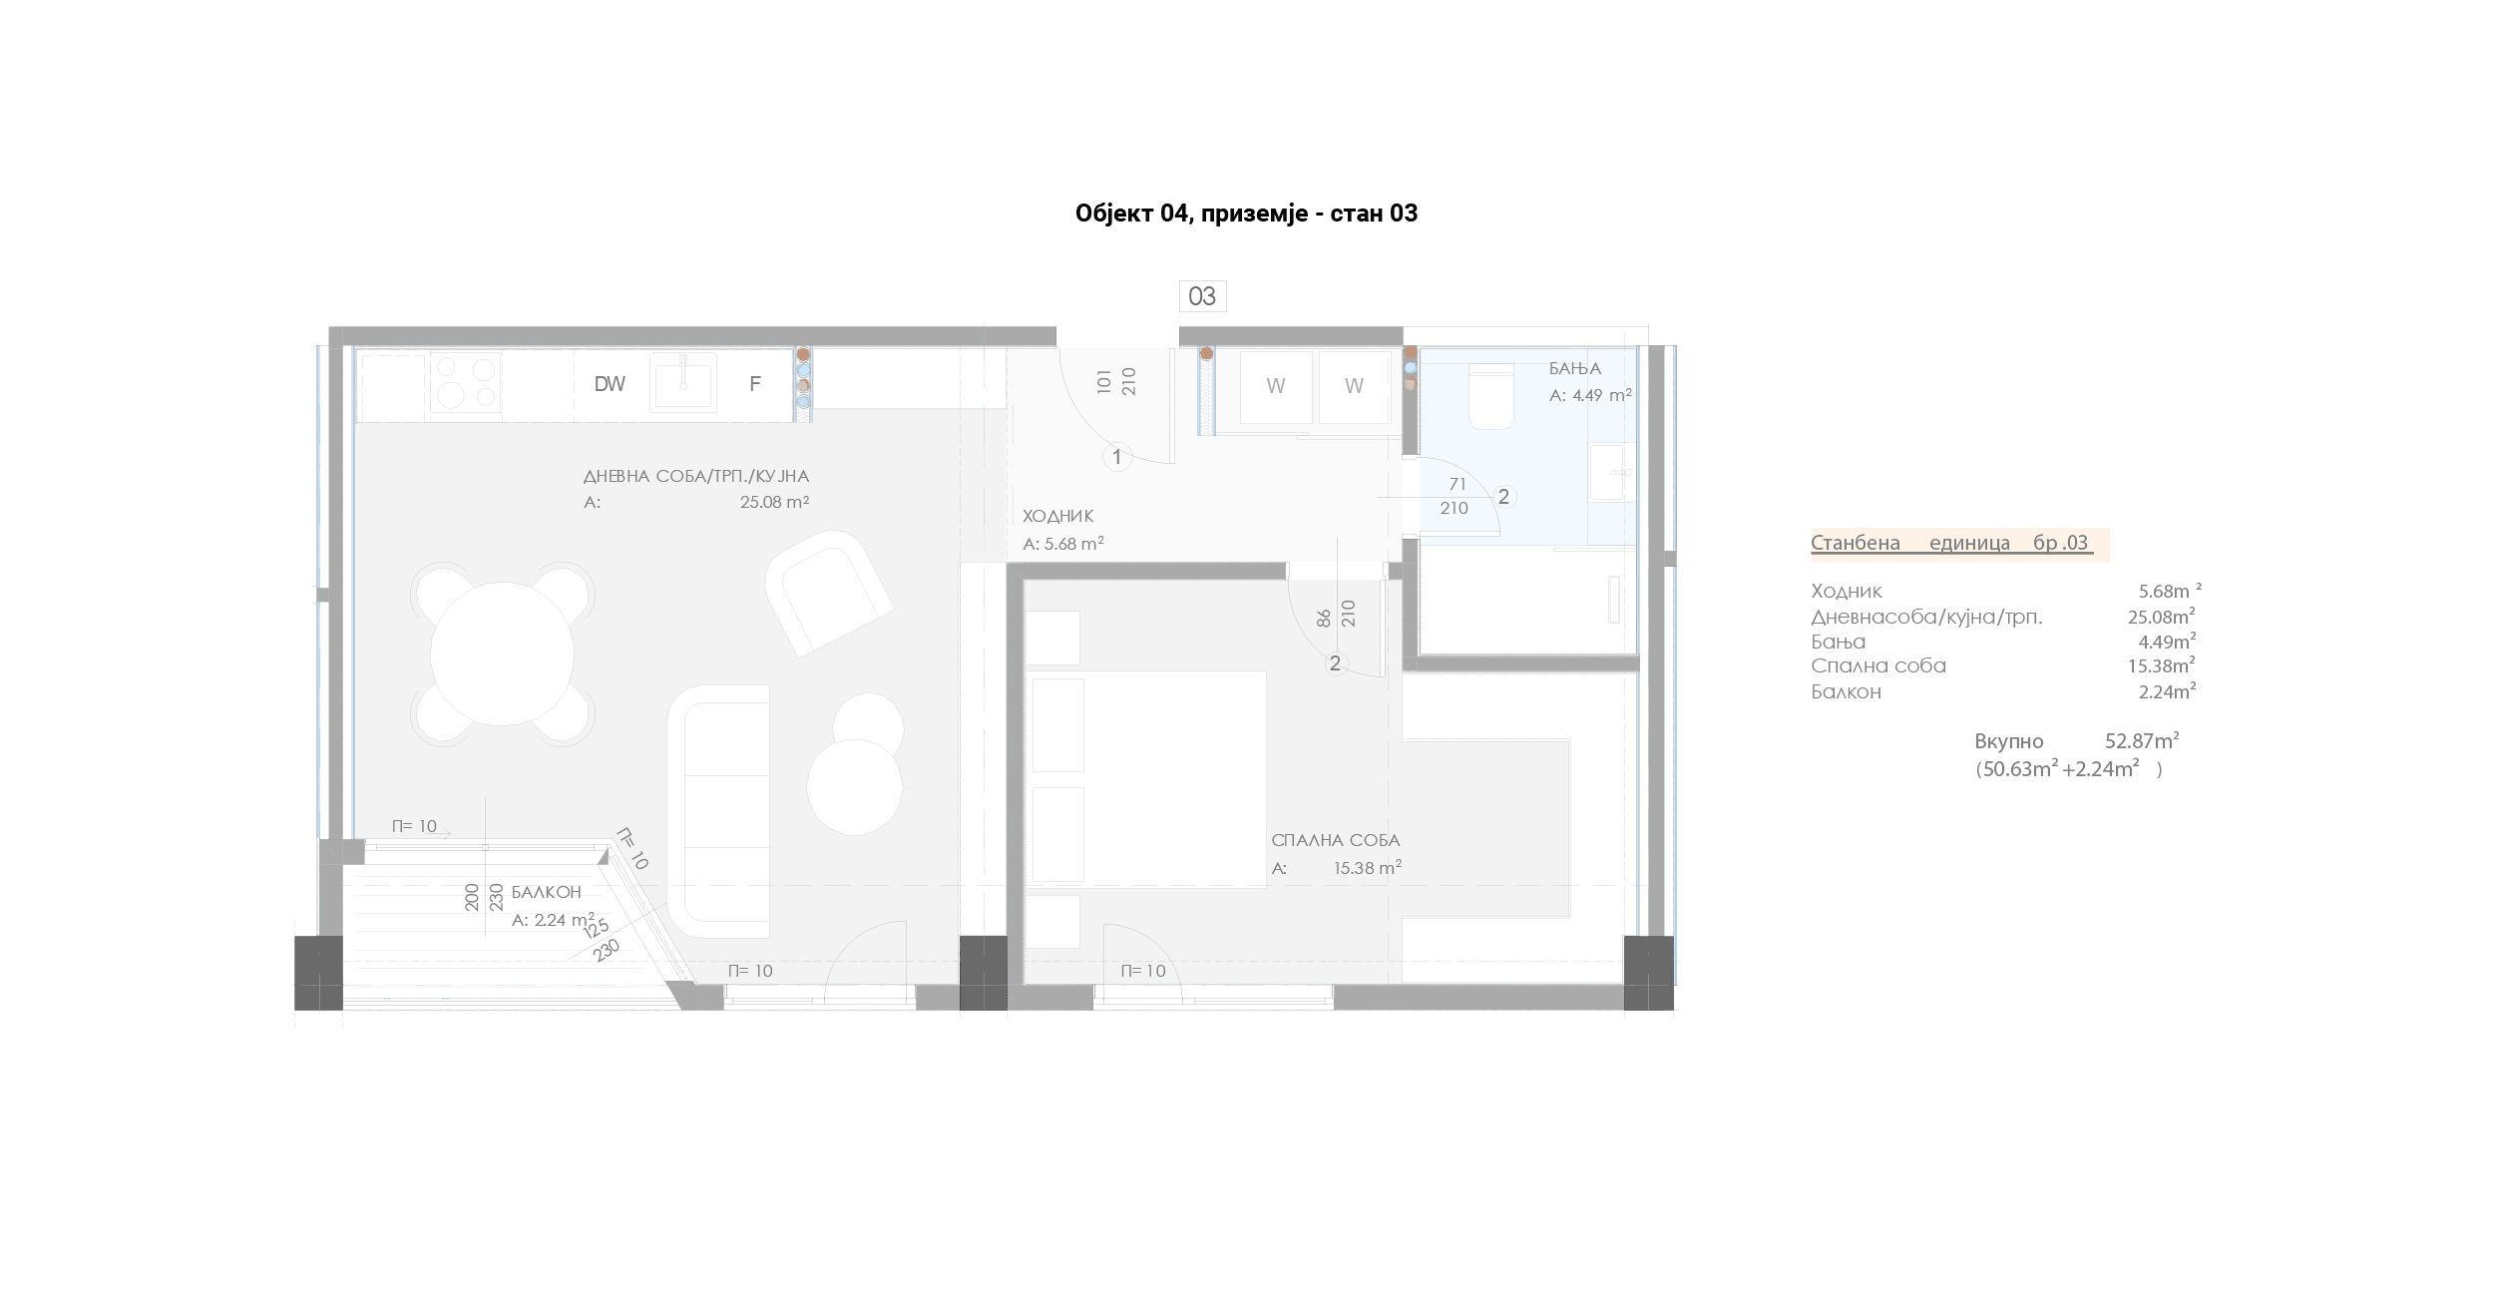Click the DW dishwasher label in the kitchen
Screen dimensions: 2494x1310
point(610,384)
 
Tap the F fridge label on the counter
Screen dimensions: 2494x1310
point(755,384)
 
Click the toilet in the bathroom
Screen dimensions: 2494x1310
point(1491,396)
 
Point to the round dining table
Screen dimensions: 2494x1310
point(502,655)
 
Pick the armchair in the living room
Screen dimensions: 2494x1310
point(828,593)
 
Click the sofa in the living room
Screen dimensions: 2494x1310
point(718,811)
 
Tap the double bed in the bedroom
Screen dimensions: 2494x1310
point(1147,779)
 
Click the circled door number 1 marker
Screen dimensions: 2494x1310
point(1117,457)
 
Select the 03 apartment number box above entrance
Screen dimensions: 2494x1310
point(1202,296)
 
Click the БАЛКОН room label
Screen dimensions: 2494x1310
point(546,892)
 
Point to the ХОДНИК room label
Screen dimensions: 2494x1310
point(1058,516)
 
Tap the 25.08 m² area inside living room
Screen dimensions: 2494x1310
point(774,502)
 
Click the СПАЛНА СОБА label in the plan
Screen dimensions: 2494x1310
point(1336,840)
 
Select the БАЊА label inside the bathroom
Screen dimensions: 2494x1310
point(1575,369)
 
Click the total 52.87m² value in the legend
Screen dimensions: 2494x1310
point(2142,741)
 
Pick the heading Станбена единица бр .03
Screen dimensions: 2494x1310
point(1950,544)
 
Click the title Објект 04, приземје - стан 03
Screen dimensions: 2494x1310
point(1246,214)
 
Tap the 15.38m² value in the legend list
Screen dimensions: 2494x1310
point(2162,665)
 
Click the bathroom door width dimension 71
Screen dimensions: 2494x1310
point(1457,484)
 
